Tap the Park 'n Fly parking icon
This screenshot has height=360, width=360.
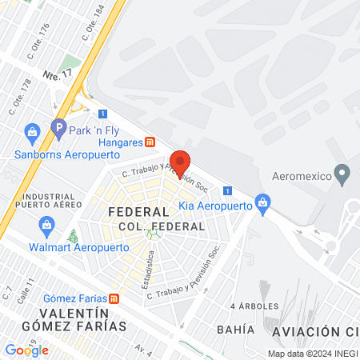58,126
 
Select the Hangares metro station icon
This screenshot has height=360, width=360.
150,142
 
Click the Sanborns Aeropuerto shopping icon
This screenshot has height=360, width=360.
32,131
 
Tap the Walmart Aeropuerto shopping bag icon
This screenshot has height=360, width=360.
47,226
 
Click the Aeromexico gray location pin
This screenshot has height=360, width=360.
343,173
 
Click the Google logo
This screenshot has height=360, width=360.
27,350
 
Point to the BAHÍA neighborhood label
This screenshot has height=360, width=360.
234,330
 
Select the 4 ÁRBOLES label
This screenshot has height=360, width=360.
254,306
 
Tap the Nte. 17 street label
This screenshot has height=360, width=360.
58,74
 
